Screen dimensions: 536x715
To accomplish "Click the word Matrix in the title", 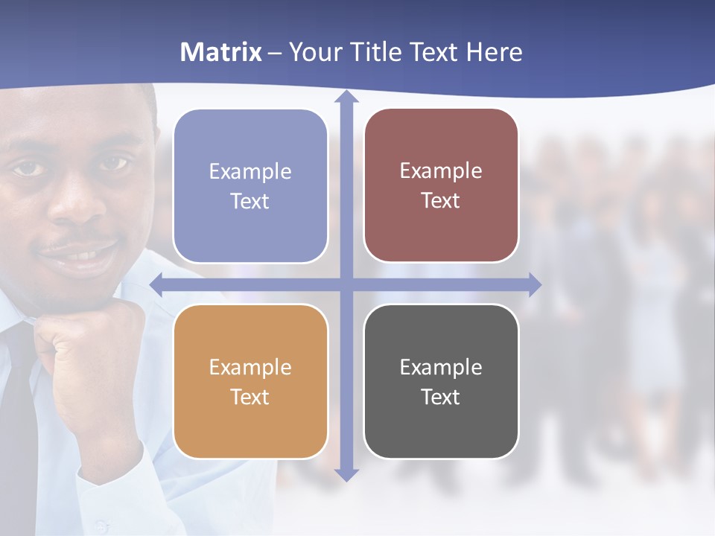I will [x=221, y=52].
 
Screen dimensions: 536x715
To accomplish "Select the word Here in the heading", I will [x=494, y=52].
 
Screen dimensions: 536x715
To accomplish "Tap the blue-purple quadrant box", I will [x=250, y=186].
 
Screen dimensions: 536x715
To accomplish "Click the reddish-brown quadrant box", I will [x=441, y=185].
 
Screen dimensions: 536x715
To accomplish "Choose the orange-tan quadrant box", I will [x=250, y=381].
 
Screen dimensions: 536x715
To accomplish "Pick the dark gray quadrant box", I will [x=441, y=381].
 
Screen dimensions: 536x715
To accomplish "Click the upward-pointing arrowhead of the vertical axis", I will [x=346, y=98].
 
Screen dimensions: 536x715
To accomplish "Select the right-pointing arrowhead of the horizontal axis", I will [x=534, y=284].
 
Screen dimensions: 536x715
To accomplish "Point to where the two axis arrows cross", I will [x=346, y=284].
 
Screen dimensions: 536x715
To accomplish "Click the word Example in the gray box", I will [x=441, y=367].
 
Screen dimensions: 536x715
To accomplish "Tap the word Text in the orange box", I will [x=250, y=397].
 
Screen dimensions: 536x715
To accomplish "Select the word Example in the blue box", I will [x=250, y=171].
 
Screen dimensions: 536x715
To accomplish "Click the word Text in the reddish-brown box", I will [x=441, y=201].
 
